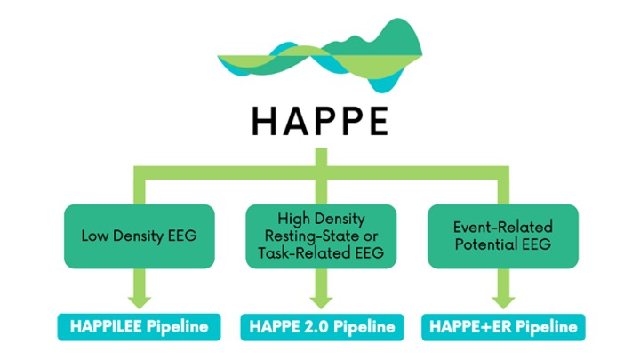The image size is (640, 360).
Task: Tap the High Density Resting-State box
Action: pyautogui.click(x=320, y=236)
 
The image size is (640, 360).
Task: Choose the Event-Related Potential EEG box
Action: pyautogui.click(x=502, y=236)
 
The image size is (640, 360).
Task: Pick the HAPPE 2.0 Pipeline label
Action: pyautogui.click(x=319, y=327)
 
